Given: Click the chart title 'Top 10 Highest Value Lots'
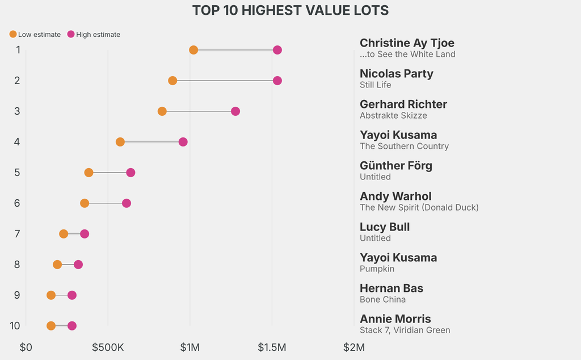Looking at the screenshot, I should (x=290, y=11).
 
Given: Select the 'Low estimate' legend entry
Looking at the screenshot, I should (x=35, y=35).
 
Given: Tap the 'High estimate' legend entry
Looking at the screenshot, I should (x=94, y=35).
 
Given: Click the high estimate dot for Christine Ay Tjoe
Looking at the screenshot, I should (x=277, y=50).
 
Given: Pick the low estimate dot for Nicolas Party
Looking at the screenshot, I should (x=172, y=81).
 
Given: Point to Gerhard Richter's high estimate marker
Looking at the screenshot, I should (x=235, y=111).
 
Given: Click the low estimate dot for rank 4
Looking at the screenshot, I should (x=120, y=142).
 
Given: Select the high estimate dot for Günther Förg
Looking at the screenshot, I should (x=130, y=173).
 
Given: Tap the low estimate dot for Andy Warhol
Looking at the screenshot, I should (x=85, y=203).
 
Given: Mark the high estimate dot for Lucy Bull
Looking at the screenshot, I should (x=85, y=234).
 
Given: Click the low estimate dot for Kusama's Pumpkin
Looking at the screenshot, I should (x=57, y=265).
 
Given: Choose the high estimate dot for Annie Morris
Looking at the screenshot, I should (x=72, y=326).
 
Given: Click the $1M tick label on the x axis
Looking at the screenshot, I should (x=190, y=347).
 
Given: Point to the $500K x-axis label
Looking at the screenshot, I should (x=108, y=347).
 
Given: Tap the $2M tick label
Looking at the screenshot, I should (x=354, y=347).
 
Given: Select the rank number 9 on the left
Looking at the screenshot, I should (x=18, y=295).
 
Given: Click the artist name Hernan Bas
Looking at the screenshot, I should (x=391, y=288).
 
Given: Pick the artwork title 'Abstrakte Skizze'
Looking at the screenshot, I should (x=393, y=116).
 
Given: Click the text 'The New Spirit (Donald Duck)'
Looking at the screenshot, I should (x=419, y=208).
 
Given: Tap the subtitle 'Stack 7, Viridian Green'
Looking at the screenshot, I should (x=405, y=330).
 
